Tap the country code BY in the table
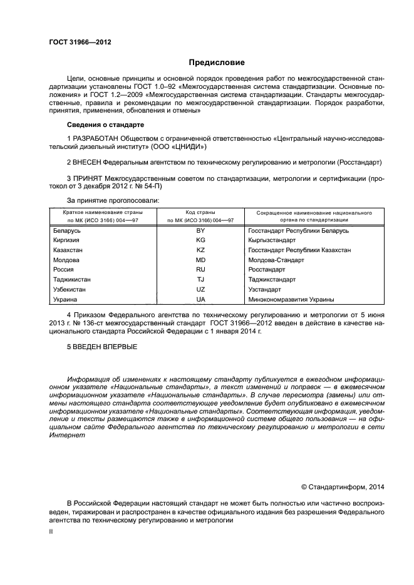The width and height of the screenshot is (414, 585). click(200, 231)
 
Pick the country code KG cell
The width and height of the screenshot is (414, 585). click(200, 240)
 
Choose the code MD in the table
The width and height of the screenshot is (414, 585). click(200, 260)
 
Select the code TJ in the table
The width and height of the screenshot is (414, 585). click(200, 280)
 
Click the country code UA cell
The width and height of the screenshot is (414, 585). click(200, 300)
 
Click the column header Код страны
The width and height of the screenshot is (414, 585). click(200, 213)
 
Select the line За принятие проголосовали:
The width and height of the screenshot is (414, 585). click(113, 200)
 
